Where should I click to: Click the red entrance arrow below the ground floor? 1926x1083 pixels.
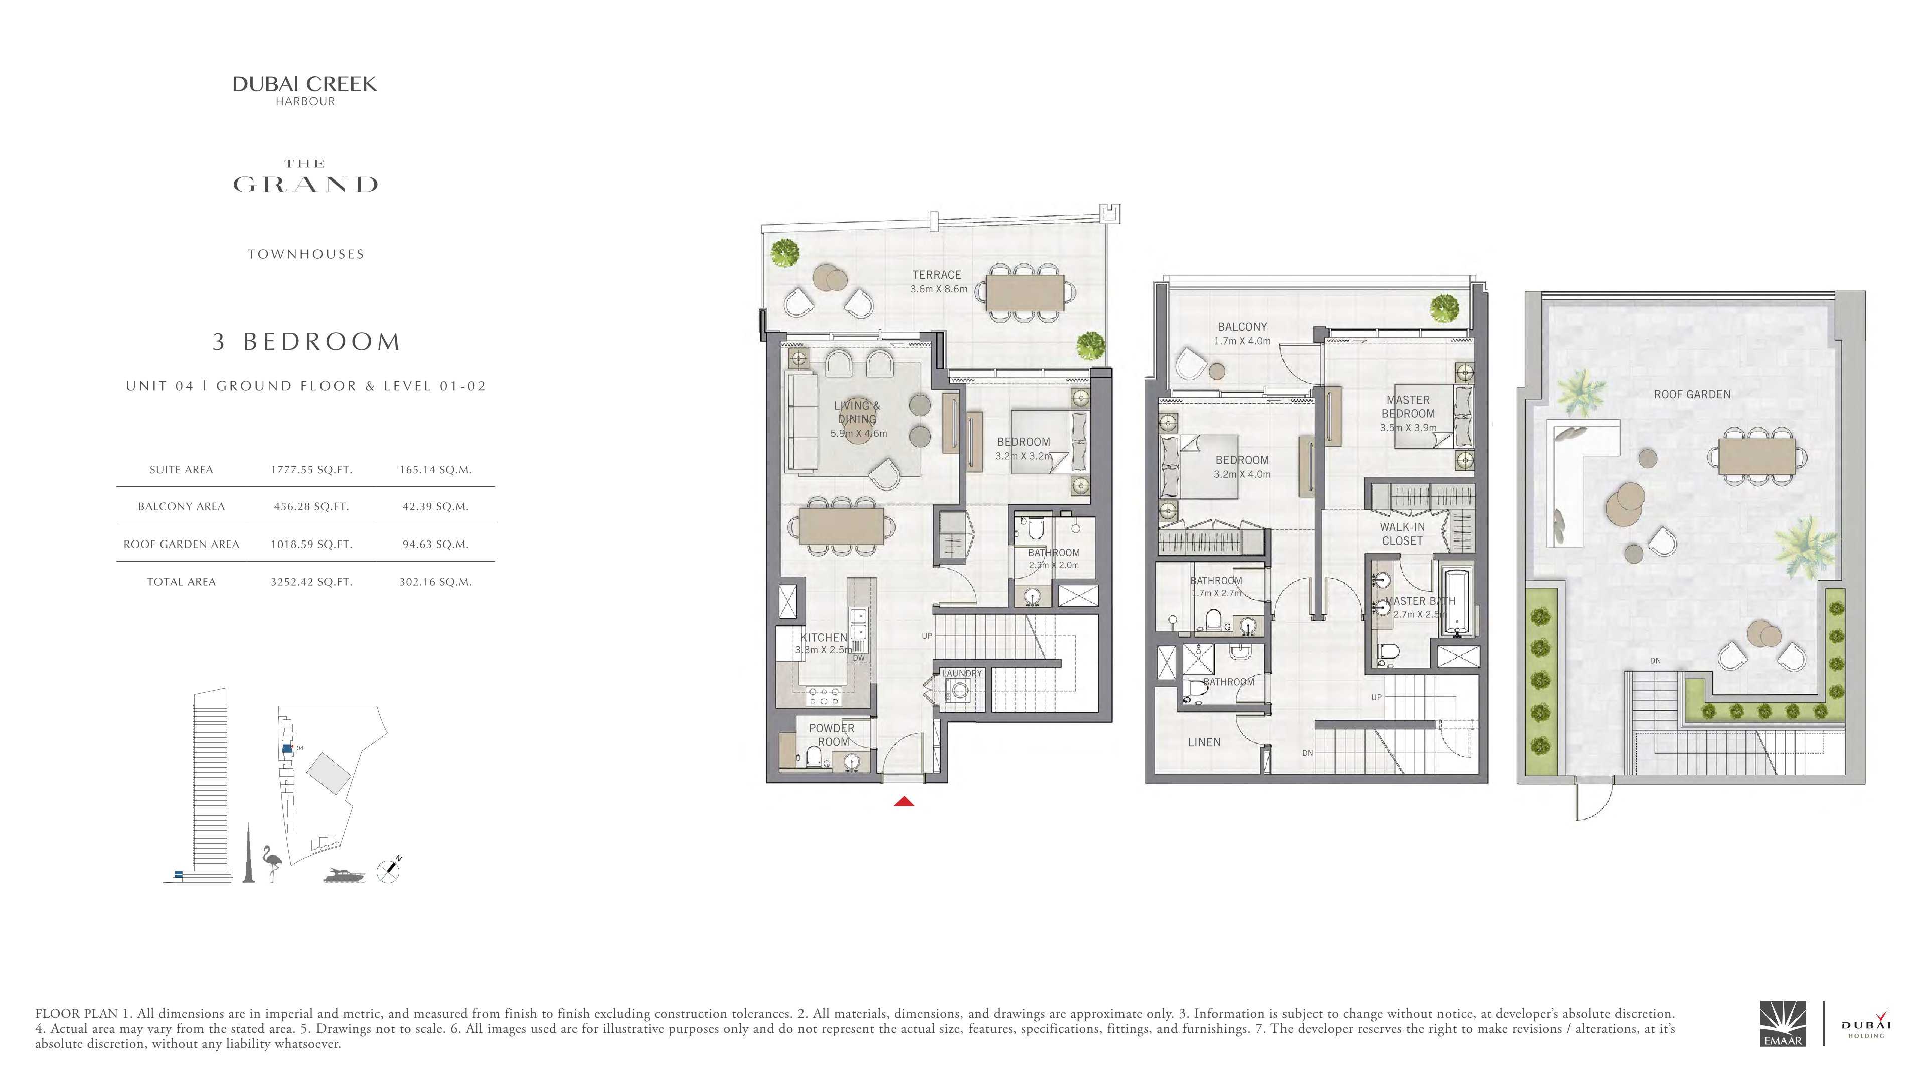[904, 802]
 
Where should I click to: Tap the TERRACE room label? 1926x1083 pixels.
[937, 275]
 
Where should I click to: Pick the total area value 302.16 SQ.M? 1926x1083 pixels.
[435, 582]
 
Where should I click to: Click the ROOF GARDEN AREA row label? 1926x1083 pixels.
[181, 544]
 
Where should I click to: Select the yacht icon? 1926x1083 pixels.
[345, 875]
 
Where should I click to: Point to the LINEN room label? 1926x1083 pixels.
[1204, 742]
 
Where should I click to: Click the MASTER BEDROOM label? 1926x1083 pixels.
[1408, 407]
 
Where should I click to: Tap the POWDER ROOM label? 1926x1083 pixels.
[832, 735]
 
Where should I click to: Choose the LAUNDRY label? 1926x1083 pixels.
[961, 673]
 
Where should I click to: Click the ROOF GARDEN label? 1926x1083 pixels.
[1692, 395]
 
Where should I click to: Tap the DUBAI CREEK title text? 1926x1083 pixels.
[305, 84]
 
